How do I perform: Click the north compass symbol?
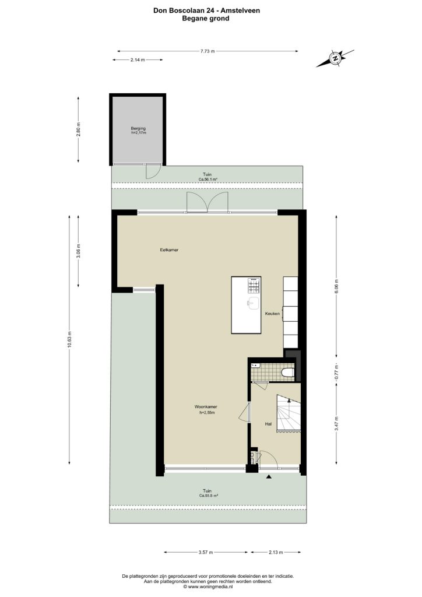point(335,58)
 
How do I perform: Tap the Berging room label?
point(138,128)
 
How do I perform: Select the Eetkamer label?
point(169,250)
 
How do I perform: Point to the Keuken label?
point(272,314)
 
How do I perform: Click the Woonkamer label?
point(206,406)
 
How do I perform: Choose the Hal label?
point(268,424)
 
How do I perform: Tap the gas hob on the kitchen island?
point(254,286)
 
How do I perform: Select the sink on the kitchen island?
point(254,303)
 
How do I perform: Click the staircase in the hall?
point(289,413)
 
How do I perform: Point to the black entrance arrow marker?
point(269,476)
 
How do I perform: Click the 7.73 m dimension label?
point(208,51)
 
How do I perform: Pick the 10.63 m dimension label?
point(69,340)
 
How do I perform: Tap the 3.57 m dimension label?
point(206,552)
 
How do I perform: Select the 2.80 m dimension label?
point(78,129)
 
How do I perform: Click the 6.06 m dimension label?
point(336,286)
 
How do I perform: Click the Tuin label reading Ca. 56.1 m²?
point(208,177)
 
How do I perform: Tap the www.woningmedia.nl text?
point(208,587)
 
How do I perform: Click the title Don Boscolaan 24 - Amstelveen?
point(206,10)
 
